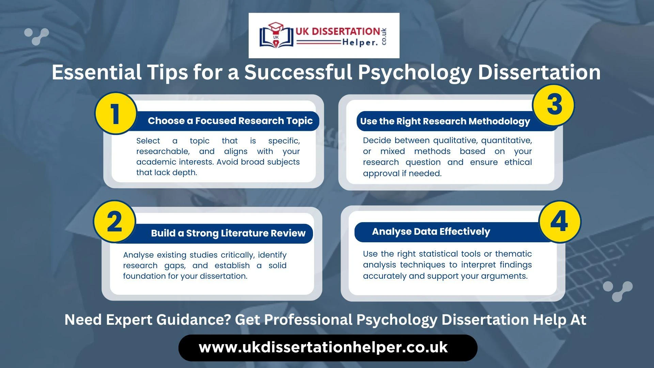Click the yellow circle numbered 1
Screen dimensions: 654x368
point(115,113)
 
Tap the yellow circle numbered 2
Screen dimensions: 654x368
point(114,221)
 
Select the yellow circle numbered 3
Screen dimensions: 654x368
point(554,105)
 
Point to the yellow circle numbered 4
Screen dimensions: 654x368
point(560,221)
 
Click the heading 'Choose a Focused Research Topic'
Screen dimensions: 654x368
point(230,121)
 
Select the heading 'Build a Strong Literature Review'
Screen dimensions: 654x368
point(228,233)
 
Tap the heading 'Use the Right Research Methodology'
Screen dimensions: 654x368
point(445,122)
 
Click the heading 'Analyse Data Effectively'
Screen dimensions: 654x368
point(431,232)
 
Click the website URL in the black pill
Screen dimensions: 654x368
point(323,348)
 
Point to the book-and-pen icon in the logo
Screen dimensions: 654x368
point(276,35)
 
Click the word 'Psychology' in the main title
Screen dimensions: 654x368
point(415,73)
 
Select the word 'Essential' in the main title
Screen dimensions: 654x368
point(96,72)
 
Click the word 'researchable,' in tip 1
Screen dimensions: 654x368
point(163,152)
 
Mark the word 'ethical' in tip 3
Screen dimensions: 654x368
point(518,162)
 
